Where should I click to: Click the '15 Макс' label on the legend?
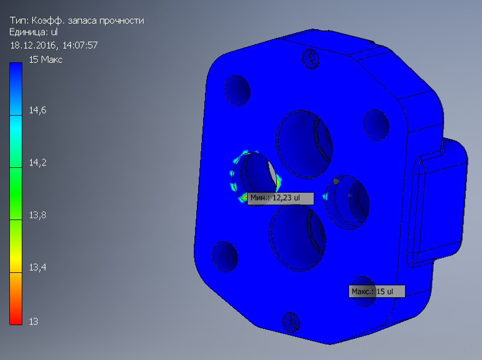(x=45, y=60)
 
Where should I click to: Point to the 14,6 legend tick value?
(x=38, y=110)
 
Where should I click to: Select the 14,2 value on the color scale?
(x=38, y=163)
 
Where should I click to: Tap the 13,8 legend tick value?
(x=38, y=215)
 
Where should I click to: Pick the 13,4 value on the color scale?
(x=38, y=267)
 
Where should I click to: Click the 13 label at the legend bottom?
(x=34, y=321)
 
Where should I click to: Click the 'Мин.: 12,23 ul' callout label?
(x=280, y=198)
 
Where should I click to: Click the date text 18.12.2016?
(x=32, y=45)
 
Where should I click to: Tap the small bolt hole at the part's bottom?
(x=291, y=321)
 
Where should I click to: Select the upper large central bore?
(x=304, y=140)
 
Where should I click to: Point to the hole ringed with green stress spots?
(x=255, y=177)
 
